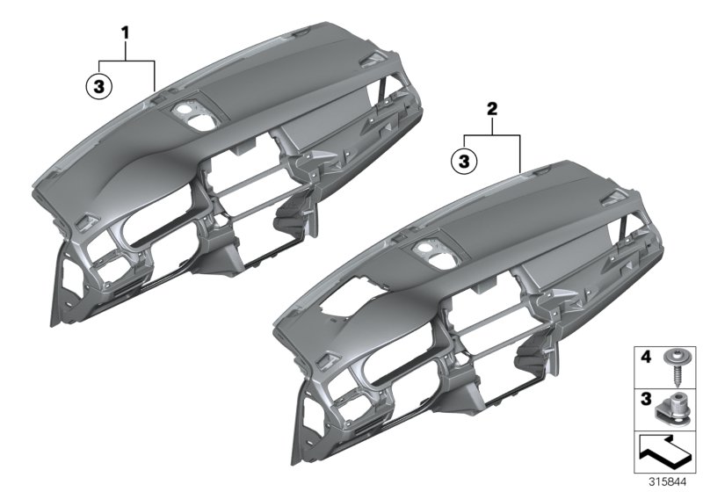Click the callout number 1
click(x=126, y=33)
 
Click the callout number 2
click(x=492, y=108)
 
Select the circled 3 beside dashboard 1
click(x=98, y=85)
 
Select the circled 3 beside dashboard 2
click(x=464, y=161)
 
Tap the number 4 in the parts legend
click(x=646, y=357)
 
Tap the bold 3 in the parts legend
click(x=646, y=399)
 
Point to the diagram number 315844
click(x=668, y=482)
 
